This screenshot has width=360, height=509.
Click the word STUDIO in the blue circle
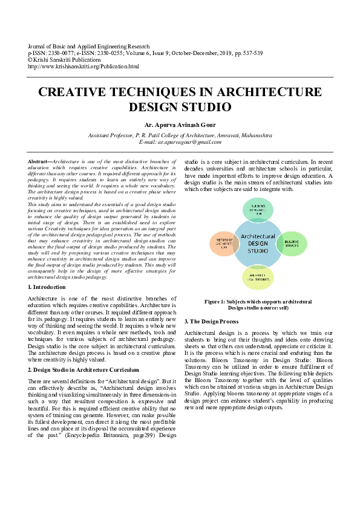point(258,251)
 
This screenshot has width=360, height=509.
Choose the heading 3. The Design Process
point(212,322)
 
